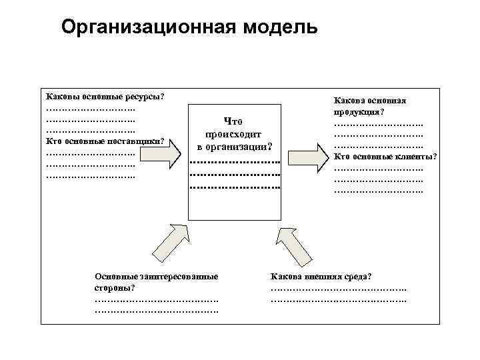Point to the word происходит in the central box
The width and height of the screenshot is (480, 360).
coord(233,133)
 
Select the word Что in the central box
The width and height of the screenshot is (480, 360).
coord(233,121)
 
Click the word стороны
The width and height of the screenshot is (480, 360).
coord(114,287)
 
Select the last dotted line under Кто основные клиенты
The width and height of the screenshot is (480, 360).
coord(378,190)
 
